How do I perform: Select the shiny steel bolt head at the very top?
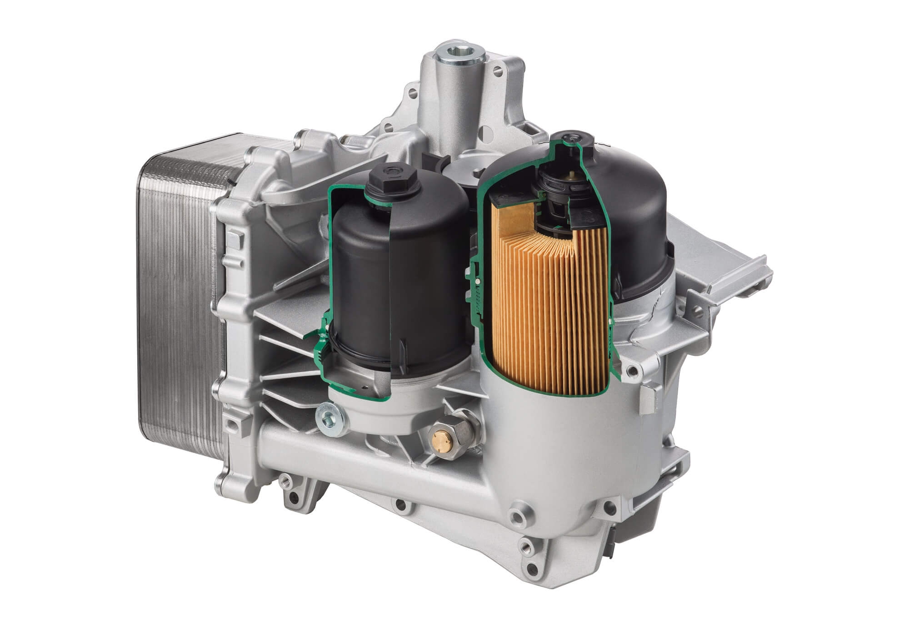(460, 55)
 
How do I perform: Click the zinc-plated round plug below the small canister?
(330, 418)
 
